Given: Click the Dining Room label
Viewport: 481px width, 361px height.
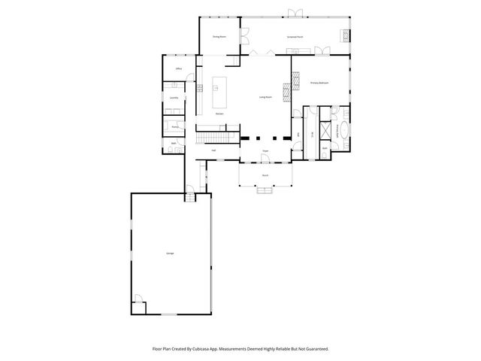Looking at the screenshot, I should [x=219, y=36].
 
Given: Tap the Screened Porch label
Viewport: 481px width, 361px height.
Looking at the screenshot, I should [x=295, y=36].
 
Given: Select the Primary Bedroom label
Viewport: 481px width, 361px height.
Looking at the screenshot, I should [x=319, y=83].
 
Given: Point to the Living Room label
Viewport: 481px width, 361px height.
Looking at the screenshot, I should [x=265, y=98].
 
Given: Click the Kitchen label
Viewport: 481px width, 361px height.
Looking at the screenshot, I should [x=219, y=114].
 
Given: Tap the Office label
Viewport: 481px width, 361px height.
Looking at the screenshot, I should [x=179, y=69].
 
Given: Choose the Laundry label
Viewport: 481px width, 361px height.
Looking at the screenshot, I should [x=174, y=98].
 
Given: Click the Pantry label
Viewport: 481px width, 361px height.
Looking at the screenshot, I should [x=174, y=127].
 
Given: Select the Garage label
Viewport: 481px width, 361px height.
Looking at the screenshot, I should [x=171, y=253].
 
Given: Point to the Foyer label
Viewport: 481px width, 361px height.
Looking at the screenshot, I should [x=265, y=151].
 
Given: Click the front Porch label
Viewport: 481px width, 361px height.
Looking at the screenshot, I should [x=265, y=175].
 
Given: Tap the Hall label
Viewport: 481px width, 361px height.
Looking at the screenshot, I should [x=213, y=150].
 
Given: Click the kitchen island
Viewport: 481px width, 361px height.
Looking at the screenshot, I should [x=221, y=92].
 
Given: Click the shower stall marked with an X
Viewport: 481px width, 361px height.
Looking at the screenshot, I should [x=325, y=129].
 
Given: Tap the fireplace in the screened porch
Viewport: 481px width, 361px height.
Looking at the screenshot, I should [x=345, y=35].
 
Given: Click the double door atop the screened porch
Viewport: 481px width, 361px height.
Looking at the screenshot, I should [x=296, y=12].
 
